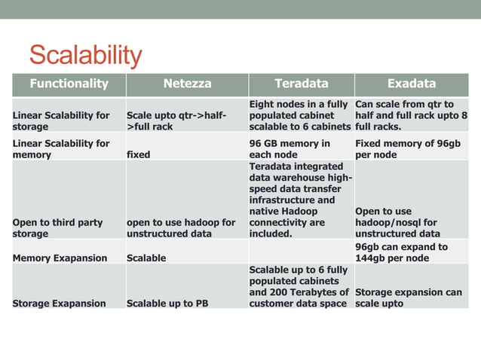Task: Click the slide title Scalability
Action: [85, 55]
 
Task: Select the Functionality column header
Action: [69, 84]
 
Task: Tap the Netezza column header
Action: [187, 84]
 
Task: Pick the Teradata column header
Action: [301, 84]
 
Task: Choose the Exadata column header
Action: [411, 84]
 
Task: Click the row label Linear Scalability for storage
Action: [61, 121]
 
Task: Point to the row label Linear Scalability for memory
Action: [61, 149]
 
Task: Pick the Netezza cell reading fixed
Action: [139, 155]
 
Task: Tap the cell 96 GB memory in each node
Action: [290, 149]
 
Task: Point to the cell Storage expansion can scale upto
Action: [408, 298]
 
